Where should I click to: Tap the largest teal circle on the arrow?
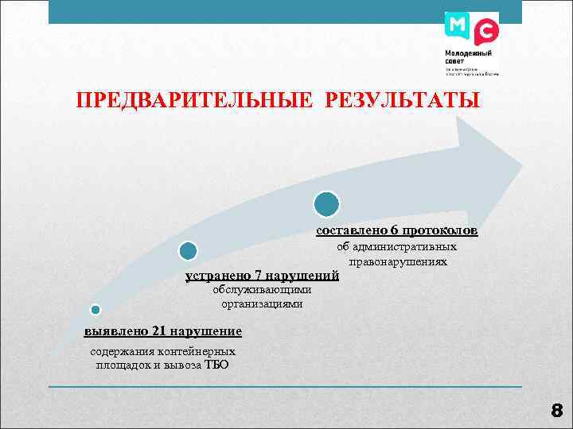pyautogui.click(x=326, y=204)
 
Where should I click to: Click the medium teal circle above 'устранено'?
pyautogui.click(x=188, y=252)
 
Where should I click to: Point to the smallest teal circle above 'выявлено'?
pyautogui.click(x=95, y=309)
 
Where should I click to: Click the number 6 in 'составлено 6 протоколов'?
pyautogui.click(x=394, y=230)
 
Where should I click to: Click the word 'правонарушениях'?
pyautogui.click(x=397, y=261)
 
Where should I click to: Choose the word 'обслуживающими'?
pyautogui.click(x=262, y=290)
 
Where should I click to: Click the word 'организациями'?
pyautogui.click(x=262, y=303)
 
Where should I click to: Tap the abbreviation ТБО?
pyautogui.click(x=216, y=365)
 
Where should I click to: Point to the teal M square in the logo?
pyautogui.click(x=458, y=25)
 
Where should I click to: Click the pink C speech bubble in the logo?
pyautogui.click(x=485, y=33)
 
